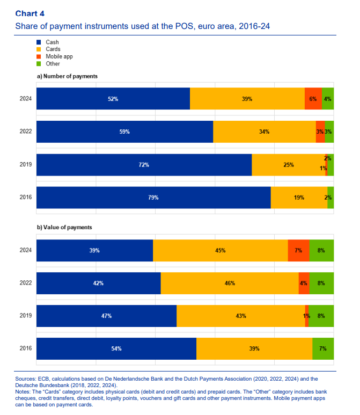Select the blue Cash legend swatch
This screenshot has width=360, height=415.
(39, 42)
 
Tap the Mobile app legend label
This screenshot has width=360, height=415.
(59, 56)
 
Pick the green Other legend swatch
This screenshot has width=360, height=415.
(39, 63)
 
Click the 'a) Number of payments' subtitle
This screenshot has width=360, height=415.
(67, 76)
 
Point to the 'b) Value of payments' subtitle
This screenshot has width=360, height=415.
(64, 227)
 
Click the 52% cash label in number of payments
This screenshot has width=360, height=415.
(113, 99)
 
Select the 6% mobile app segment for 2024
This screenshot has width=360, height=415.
(313, 99)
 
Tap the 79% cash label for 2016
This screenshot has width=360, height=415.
(153, 198)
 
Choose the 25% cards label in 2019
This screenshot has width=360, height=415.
(289, 165)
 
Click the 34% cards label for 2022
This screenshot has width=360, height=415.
(264, 132)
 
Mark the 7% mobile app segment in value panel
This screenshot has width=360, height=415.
(298, 250)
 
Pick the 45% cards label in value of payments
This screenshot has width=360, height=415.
(220, 250)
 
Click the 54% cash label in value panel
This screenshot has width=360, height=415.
(116, 348)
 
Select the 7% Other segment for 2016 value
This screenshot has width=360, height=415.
(323, 348)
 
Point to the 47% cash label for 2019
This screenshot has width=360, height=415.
(106, 316)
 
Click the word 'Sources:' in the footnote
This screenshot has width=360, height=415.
(26, 379)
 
